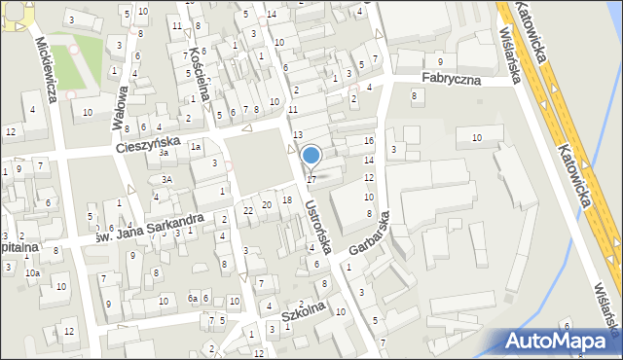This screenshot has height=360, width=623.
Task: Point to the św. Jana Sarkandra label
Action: tap(148, 227)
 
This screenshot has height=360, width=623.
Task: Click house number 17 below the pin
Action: tap(311, 179)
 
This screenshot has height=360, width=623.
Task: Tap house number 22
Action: tap(248, 210)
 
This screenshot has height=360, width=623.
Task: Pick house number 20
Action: tap(266, 204)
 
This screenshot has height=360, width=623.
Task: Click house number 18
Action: tap(286, 199)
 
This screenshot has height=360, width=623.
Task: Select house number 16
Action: tap(368, 141)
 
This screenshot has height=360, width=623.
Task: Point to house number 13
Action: tap(298, 133)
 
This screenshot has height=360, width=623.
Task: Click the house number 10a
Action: tap(32, 273)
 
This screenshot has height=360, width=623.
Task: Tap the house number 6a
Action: tap(193, 298)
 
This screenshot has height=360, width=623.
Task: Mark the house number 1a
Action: tap(195, 146)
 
